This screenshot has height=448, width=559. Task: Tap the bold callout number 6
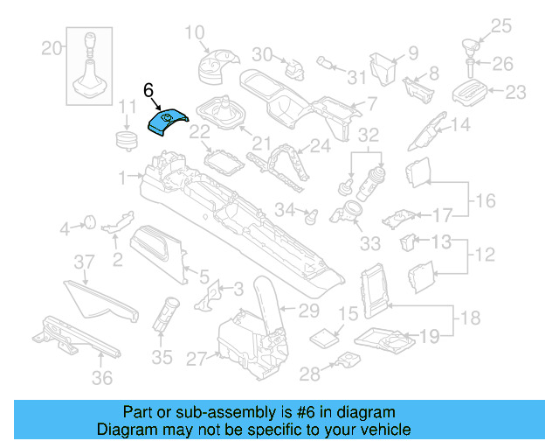coord(148,90)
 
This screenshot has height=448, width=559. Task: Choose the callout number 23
coord(517,91)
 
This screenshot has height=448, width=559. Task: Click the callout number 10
coord(194,33)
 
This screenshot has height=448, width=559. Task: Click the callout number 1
coord(123,176)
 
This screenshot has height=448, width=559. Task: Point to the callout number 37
coord(83,262)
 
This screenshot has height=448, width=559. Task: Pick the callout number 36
coord(102,377)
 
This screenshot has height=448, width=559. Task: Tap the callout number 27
coord(195,357)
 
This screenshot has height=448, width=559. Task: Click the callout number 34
coord(284,209)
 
